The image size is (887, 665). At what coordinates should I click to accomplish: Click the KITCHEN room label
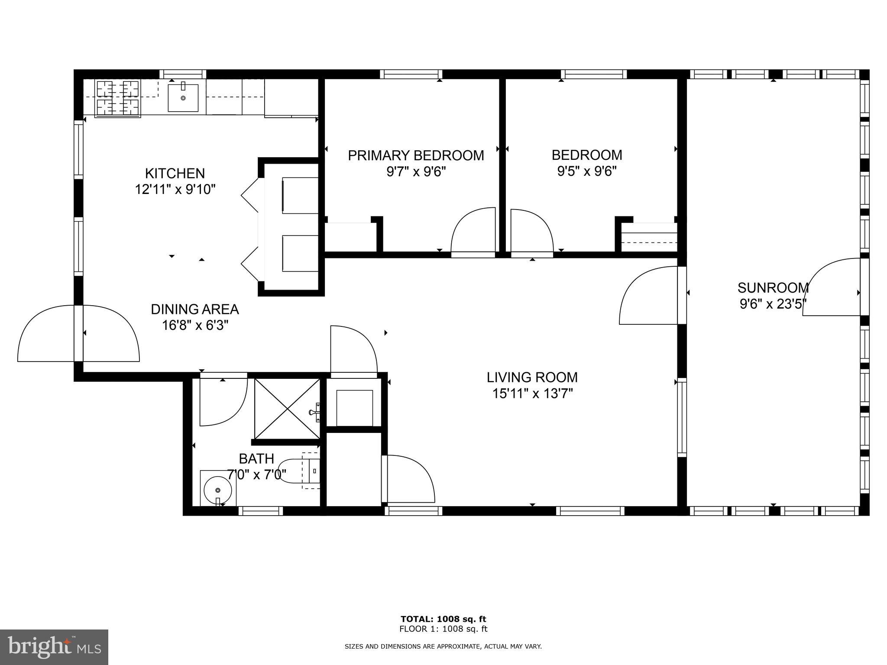(x=175, y=173)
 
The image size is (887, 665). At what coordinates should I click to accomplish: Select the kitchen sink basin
(x=183, y=98)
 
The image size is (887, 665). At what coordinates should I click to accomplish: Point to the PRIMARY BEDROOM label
(x=416, y=155)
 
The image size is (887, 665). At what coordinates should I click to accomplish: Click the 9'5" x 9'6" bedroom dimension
(x=586, y=171)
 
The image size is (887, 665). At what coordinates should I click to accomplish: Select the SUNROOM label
(x=773, y=287)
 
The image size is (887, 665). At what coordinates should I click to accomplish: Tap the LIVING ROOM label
(x=532, y=377)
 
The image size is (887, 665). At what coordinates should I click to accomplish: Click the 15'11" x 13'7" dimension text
(x=532, y=394)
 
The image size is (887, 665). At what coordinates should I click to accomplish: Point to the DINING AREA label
(x=194, y=309)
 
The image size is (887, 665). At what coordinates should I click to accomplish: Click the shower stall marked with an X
(x=287, y=409)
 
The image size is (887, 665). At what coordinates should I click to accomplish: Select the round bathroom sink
(x=218, y=490)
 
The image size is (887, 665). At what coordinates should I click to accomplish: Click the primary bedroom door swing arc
(x=473, y=232)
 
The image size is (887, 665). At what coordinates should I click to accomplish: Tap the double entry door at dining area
(x=78, y=333)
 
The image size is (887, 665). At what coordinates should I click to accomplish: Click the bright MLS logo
(x=54, y=647)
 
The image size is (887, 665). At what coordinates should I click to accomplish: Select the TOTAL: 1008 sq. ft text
(x=443, y=619)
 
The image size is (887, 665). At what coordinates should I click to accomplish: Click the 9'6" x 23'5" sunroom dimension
(x=773, y=304)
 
